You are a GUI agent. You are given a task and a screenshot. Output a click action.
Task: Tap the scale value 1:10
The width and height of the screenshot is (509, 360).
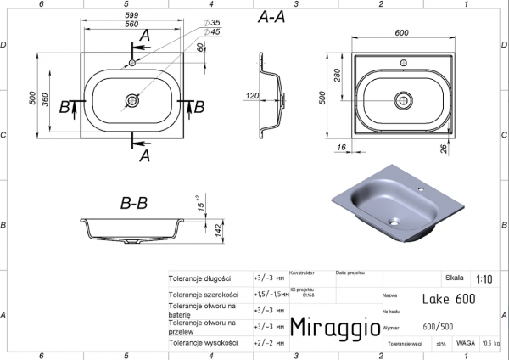tap(484, 278)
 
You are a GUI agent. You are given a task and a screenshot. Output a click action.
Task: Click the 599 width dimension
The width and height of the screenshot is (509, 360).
tap(131, 15)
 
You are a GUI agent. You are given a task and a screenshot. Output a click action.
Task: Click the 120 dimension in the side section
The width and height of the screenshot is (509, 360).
tap(252, 96)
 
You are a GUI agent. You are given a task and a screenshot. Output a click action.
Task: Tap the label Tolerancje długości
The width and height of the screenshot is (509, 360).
tap(200, 278)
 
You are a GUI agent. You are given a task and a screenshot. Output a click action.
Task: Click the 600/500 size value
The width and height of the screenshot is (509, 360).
tap(438, 326)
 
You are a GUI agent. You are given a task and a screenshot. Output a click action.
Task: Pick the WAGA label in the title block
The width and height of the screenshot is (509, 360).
tap(465, 344)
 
